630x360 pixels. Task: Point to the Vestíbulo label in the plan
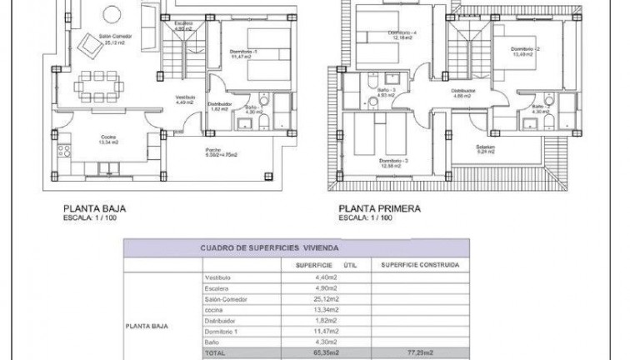pyautogui.click(x=185, y=98)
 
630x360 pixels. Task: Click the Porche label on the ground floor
pyautogui.click(x=213, y=150)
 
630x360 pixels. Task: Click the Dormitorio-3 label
pyautogui.click(x=392, y=161)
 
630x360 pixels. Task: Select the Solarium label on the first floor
pyautogui.click(x=487, y=147)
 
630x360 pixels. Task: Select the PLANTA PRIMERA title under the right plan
pyautogui.click(x=380, y=210)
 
